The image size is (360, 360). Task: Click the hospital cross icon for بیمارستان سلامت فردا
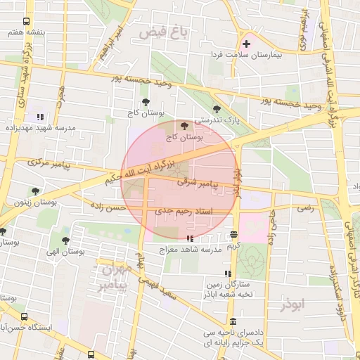[x=246, y=44]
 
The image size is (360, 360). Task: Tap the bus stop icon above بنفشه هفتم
[x=26, y=22]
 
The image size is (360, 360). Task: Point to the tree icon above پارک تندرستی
[x=216, y=109]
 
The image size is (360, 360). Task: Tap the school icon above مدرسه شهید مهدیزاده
[x=39, y=117]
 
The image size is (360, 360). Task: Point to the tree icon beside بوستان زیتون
[x=34, y=191]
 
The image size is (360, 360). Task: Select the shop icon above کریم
[x=233, y=235]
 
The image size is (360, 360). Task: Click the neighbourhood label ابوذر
[x=294, y=306]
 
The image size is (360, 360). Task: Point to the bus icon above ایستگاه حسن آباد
[x=25, y=317]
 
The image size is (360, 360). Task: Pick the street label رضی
[x=304, y=209]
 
